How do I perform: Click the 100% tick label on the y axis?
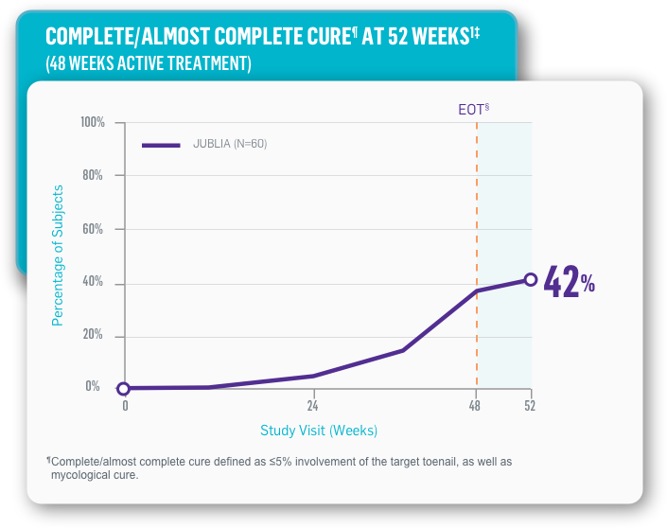pos(93,123)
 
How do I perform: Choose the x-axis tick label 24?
pos(314,405)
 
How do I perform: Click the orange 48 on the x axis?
pos(476,405)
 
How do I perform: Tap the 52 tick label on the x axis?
pos(531,405)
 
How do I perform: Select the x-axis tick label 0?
pos(125,405)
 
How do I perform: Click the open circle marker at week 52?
pos(531,279)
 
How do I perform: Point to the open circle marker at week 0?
pos(123,388)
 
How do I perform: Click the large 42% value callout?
pos(569,283)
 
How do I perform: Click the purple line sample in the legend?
pos(161,145)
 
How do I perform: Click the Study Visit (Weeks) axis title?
pos(319,431)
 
